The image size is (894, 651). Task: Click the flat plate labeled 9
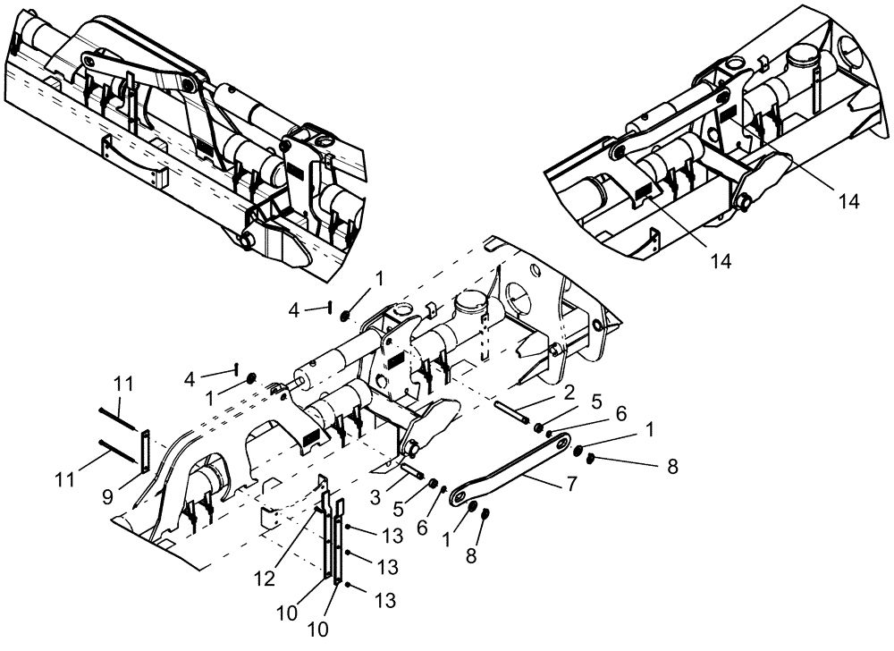(144, 447)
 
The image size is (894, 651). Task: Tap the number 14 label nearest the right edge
(848, 201)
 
